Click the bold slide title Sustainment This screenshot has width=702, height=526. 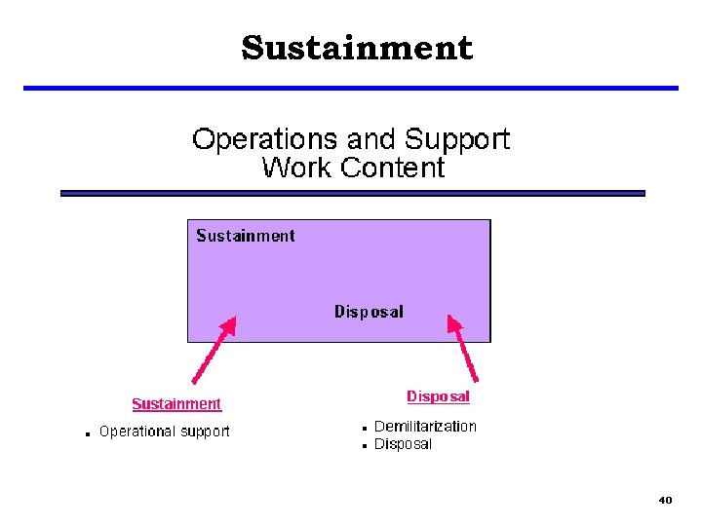coord(357,48)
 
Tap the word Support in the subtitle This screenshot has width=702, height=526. coord(457,139)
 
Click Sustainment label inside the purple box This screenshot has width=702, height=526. coord(246,236)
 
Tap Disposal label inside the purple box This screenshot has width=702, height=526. coord(369,312)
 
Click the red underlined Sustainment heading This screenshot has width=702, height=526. coord(176,404)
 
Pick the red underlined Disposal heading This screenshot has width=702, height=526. coord(438,396)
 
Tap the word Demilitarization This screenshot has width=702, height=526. coord(425,427)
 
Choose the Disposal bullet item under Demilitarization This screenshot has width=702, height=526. coord(403,445)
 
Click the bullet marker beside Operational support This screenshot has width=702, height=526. coord(88,433)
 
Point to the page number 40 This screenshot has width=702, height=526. coord(665,500)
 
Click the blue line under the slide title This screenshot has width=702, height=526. coord(351,89)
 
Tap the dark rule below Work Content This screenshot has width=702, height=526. coord(353,194)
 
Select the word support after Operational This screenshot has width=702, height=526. coord(204,432)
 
